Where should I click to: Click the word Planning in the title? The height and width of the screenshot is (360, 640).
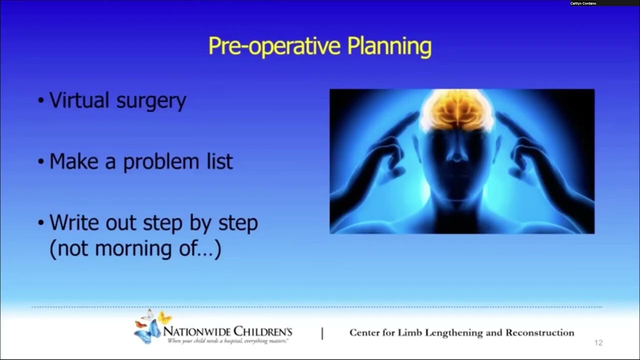click(x=389, y=47)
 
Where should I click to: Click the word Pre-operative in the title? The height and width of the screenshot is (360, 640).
click(x=274, y=46)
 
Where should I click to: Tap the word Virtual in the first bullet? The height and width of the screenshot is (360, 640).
click(x=79, y=100)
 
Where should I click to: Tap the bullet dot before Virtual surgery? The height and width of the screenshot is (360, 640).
click(x=41, y=101)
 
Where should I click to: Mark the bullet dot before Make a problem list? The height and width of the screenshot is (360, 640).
click(x=41, y=162)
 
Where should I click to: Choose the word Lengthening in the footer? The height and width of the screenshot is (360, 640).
click(x=456, y=333)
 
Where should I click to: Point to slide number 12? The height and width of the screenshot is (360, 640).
click(x=598, y=343)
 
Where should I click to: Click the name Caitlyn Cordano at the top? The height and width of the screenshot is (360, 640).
click(x=583, y=3)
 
